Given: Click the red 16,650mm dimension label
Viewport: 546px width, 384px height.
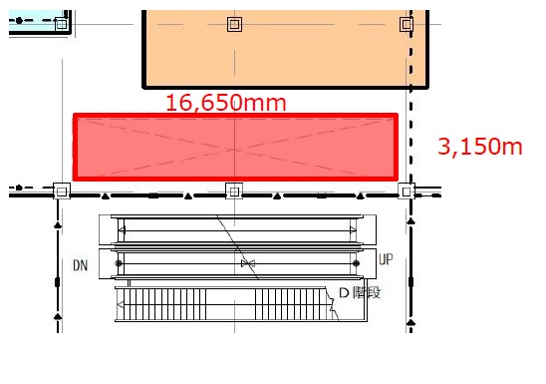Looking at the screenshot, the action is click(226, 103).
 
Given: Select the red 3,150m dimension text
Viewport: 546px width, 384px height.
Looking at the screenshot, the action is click(480, 147).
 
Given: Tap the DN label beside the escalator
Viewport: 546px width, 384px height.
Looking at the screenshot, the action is click(80, 265).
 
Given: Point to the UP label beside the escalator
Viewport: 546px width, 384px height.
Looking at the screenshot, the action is click(386, 259).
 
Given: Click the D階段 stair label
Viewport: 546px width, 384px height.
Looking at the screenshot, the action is click(360, 292).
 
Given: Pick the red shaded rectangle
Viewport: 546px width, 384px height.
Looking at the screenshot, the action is click(235, 147).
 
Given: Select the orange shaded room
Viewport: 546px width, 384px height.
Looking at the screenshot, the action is click(286, 49).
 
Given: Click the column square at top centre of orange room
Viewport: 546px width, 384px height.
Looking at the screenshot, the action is click(234, 24).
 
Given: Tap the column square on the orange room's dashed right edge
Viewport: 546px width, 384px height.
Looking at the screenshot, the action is click(407, 24).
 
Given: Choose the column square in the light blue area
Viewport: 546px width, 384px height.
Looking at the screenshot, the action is click(62, 24).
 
